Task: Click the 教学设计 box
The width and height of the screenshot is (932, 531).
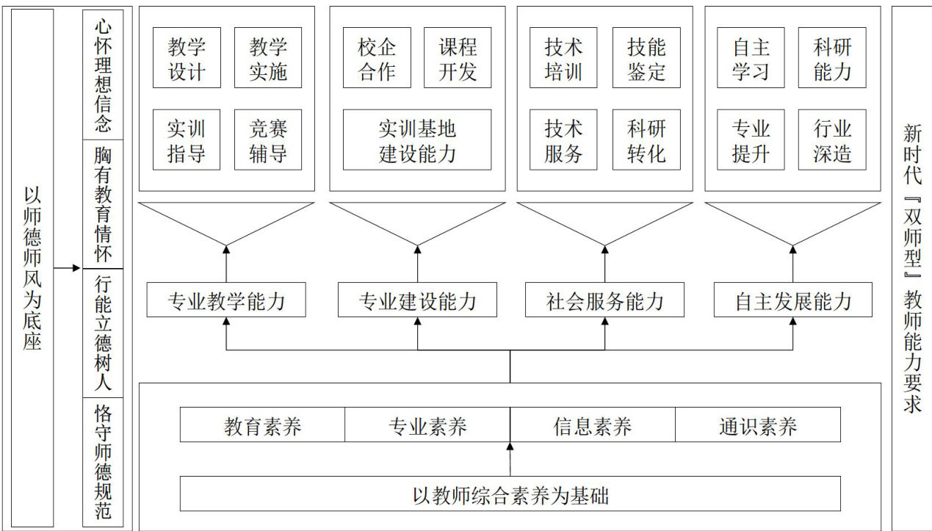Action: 187,57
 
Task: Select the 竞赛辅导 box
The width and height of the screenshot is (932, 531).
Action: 268,140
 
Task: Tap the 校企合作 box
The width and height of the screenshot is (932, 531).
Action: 377,57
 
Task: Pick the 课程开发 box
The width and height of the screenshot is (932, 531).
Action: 458,57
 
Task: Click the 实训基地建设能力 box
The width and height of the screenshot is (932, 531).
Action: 417,140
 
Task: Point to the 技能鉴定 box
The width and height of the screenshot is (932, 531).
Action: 646,57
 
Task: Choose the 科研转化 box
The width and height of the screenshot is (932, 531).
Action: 646,140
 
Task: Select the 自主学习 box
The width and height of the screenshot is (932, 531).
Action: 751,57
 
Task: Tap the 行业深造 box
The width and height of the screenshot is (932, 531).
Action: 832,140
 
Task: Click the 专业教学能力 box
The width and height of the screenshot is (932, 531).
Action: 226,300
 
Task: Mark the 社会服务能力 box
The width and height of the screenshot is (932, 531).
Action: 604,300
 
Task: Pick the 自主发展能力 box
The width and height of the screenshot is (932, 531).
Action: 793,300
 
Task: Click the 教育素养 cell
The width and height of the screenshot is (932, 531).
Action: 262,425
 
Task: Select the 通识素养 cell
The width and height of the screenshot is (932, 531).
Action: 758,425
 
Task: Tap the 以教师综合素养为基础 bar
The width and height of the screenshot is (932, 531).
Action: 510,494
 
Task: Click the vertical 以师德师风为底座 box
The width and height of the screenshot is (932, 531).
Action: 32,268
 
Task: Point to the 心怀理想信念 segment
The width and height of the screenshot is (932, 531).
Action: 103,75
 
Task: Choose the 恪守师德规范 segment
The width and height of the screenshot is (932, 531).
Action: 103,463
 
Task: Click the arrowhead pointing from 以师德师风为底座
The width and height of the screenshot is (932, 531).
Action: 76,268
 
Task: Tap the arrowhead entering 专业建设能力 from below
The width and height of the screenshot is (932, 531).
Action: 418,321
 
